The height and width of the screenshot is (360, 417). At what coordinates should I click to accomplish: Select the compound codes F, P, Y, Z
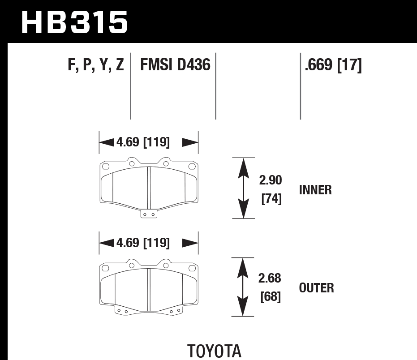(x=96, y=66)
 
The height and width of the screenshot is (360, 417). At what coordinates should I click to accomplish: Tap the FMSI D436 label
(x=175, y=66)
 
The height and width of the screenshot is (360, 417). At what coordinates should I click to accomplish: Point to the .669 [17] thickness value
(x=333, y=66)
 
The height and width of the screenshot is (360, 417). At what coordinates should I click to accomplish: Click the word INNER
(x=315, y=190)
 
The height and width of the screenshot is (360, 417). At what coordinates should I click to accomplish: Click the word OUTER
(x=316, y=288)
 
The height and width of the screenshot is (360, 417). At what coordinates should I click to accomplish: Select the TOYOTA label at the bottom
(x=214, y=351)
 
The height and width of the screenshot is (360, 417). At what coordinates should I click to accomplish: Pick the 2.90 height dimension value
(x=270, y=180)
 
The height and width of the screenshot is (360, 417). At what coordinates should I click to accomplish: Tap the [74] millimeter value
(x=271, y=198)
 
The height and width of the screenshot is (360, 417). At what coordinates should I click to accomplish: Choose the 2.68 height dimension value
(x=270, y=279)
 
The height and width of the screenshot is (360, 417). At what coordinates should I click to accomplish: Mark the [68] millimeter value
(x=271, y=296)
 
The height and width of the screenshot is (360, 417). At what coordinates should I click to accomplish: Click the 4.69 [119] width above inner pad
(x=143, y=142)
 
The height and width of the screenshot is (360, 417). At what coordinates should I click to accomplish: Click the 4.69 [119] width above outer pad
(x=143, y=243)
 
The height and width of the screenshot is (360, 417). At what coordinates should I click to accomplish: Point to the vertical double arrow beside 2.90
(x=243, y=188)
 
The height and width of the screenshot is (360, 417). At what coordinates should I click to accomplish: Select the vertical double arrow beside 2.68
(x=243, y=287)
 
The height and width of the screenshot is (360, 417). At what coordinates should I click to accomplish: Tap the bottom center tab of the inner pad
(x=148, y=214)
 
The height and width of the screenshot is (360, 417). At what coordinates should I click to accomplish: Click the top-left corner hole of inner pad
(x=106, y=167)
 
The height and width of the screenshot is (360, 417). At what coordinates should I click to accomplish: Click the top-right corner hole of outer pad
(x=193, y=268)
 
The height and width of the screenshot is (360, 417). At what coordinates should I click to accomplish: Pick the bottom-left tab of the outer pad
(x=122, y=311)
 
